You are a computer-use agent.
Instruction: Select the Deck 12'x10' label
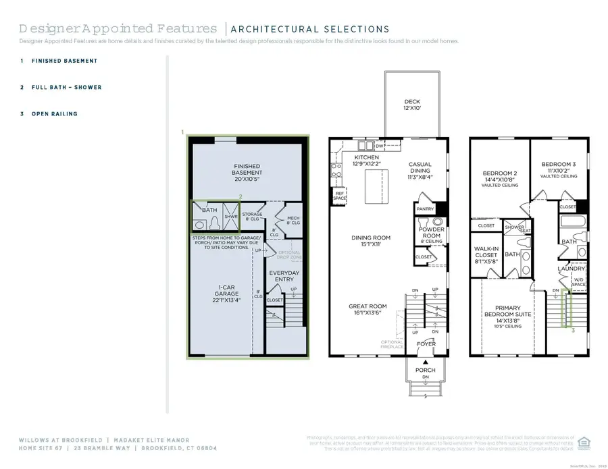tap(412, 103)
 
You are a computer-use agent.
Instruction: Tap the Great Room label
tap(368, 309)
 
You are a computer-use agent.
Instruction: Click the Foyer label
tap(426, 344)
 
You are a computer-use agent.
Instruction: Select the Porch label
tap(426, 370)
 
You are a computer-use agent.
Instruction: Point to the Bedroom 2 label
tap(500, 177)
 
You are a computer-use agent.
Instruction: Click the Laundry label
tap(571, 269)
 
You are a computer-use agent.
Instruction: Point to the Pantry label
tap(426, 209)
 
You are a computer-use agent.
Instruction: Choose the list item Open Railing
tap(54, 114)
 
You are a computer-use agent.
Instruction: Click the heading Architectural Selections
tap(309, 29)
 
